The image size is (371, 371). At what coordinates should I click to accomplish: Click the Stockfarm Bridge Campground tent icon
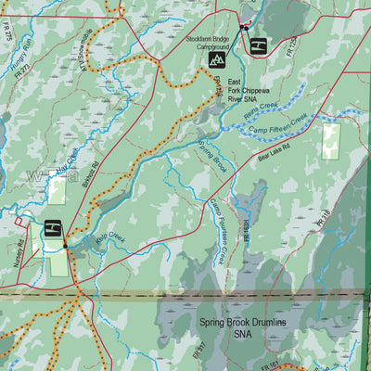pos(218,60)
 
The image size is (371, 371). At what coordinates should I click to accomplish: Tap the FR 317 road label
pos(198,352)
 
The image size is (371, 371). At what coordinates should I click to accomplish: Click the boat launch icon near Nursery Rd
pos(52,227)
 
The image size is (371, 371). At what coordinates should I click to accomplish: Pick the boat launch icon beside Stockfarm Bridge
pos(259,45)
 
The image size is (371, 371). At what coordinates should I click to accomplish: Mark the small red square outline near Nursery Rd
pos(18,221)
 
